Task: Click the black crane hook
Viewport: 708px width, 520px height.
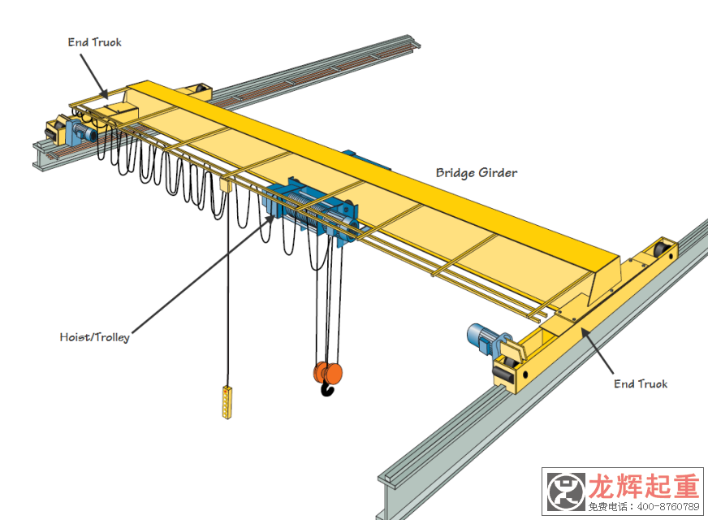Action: coord(327,390)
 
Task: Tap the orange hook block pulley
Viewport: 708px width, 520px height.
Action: coord(328,373)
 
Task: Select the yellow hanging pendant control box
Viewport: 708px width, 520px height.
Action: coord(227,402)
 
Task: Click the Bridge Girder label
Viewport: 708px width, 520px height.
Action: coord(476,173)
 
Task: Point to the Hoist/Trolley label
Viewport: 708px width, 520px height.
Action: coord(94,336)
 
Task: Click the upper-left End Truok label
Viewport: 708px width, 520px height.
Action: coord(94,42)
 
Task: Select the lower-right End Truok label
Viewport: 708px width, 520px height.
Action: coord(641,383)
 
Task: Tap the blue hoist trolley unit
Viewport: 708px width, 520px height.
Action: coord(313,214)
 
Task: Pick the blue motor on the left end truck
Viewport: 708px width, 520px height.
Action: coord(80,128)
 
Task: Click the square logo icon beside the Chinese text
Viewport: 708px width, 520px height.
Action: coord(565,492)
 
